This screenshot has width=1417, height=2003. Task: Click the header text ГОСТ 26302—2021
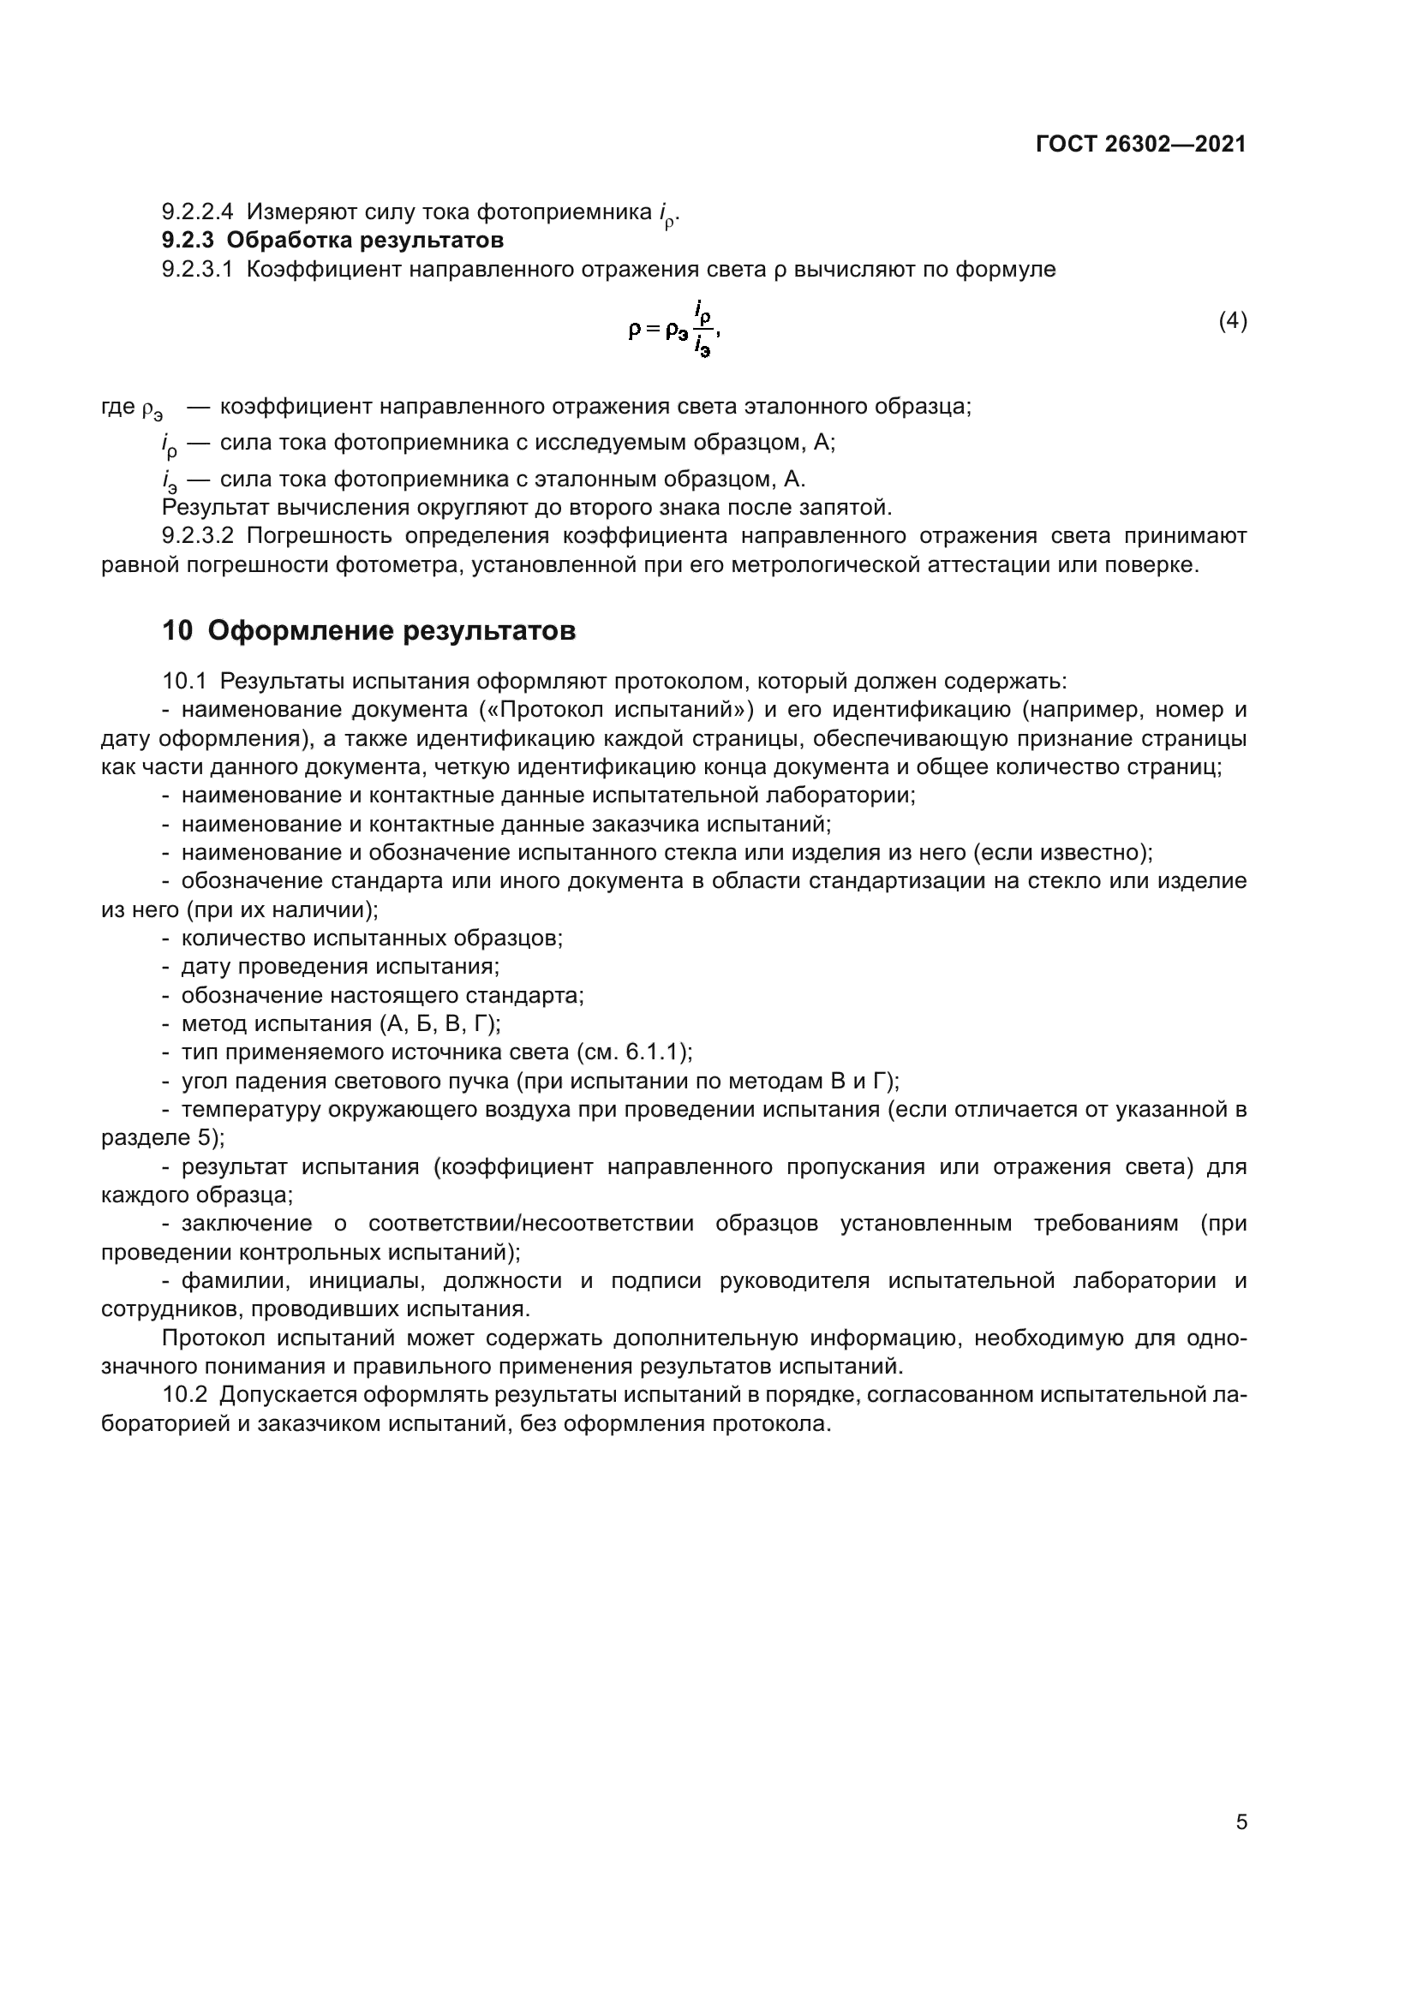1140,145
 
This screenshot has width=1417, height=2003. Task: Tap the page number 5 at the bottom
1241,1821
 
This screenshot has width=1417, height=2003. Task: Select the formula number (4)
1232,321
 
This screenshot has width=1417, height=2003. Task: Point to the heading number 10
177,631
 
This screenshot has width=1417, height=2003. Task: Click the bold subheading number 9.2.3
188,240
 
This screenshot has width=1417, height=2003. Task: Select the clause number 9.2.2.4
197,212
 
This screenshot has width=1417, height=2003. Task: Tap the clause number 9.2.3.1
197,270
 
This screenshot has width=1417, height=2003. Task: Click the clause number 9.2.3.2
197,535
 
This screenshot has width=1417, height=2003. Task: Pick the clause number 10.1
184,682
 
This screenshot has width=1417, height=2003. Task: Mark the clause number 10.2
184,1395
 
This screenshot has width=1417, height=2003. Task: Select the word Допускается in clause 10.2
284,1395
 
